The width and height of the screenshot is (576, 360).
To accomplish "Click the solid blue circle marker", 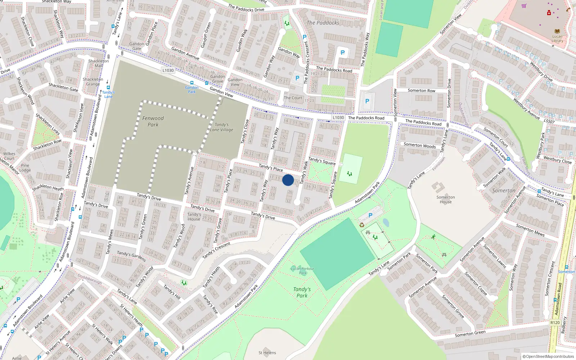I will [288, 180].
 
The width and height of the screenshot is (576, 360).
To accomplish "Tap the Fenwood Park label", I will [153, 121].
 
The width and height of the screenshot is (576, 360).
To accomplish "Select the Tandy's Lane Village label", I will [222, 127].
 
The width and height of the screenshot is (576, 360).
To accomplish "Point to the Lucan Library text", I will [557, 39].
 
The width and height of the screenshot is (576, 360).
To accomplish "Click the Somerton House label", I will [446, 199].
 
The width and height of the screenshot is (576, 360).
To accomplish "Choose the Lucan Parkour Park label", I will [302, 270].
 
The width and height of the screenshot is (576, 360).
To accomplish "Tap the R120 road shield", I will [555, 323].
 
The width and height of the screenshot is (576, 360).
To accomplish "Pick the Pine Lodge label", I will [25, 168].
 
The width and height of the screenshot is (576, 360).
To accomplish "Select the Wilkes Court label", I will [9, 156].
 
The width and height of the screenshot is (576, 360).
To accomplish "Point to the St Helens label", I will [267, 353].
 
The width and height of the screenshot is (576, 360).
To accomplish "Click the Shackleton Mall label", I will [99, 63].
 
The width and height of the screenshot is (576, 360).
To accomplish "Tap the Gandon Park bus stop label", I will [192, 89].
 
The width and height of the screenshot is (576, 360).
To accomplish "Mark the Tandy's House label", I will [194, 217].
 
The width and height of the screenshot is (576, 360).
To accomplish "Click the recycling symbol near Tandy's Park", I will [362, 225].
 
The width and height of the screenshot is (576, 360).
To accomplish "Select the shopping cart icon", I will [524, 6].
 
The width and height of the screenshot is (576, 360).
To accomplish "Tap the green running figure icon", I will [433, 237].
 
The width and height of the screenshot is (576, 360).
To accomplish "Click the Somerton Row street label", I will [422, 91].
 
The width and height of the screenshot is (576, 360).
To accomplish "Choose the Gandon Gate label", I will [137, 46].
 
